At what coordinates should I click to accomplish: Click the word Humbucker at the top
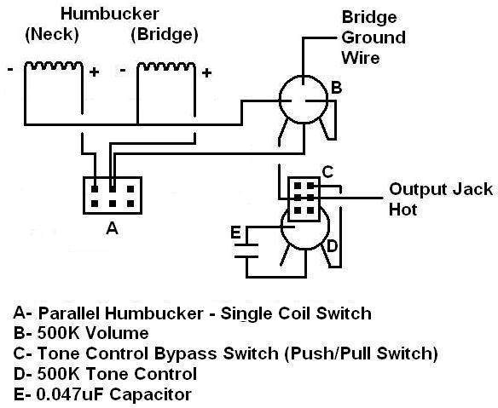pos(110,14)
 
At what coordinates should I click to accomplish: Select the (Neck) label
pos(52,34)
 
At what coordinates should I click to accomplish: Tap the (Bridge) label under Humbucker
pos(165,34)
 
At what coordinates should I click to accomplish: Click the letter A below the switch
pos(112,227)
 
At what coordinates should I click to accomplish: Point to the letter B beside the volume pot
pos(336,87)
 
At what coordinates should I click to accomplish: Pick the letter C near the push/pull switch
pos(327,172)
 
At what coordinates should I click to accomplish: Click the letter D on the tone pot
pos(332,246)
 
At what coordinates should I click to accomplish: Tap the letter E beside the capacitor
pos(235,233)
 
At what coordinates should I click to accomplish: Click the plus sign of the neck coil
pos(94,72)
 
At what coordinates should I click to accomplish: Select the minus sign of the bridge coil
pos(123,70)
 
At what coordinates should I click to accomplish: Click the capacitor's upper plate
pos(246,244)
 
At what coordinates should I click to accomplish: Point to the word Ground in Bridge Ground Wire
pos(373,37)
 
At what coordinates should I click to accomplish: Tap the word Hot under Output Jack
pos(402,210)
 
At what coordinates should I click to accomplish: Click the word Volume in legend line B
pos(117,333)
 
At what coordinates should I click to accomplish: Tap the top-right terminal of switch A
pos(130,189)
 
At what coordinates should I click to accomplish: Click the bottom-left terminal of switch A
pos(95,204)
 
